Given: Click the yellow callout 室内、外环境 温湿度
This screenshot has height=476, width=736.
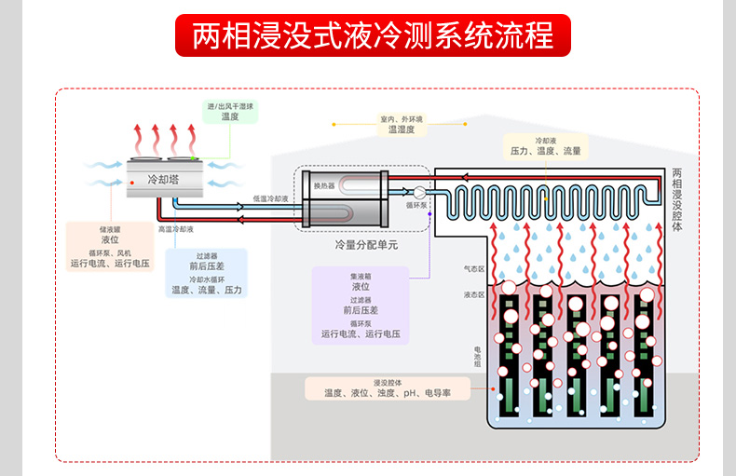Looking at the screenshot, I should click(x=401, y=125).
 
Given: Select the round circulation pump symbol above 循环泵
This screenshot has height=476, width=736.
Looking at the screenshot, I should click(x=418, y=193).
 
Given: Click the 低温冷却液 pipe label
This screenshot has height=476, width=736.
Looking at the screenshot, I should click(x=270, y=198).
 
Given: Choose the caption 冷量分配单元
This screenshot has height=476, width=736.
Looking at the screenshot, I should click(x=366, y=245).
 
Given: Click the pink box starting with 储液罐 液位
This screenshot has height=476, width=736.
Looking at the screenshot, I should click(x=109, y=247).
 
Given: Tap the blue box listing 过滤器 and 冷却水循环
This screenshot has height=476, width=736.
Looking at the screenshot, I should click(x=206, y=273).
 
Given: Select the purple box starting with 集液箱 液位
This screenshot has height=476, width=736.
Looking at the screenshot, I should click(x=360, y=305).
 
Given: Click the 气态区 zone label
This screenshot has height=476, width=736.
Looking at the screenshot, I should click(x=474, y=269).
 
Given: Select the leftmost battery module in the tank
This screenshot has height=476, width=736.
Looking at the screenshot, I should click(x=510, y=354).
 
